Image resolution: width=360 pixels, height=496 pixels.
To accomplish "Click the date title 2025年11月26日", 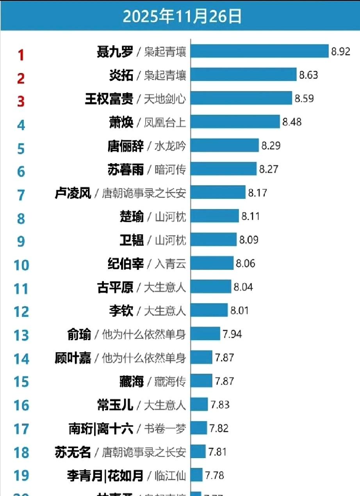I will coord(182,16).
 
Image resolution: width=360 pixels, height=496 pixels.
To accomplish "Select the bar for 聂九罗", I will coord(260,51).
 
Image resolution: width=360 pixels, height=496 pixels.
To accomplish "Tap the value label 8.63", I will coord(308,75).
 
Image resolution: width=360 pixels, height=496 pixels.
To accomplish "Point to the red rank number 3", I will coord(21,101).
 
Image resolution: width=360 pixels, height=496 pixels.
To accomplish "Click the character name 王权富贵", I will coord(109,98).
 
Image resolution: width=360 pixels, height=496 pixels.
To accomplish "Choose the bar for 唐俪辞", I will coord(225,145).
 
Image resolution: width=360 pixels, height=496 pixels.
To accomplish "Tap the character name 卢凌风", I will coord(73,193).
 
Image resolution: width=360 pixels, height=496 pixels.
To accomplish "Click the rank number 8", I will coord(21,218).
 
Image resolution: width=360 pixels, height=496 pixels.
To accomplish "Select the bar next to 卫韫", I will coord(214,239).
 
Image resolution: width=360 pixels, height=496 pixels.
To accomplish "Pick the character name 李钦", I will coord(121,311).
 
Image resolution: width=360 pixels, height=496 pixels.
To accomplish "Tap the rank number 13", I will coord(21,335).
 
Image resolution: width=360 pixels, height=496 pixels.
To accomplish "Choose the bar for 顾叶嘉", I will coord(202,357).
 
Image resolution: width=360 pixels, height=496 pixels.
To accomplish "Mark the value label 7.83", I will coord(220,405).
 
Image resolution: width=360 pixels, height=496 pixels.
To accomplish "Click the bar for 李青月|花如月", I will coord(197,475).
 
